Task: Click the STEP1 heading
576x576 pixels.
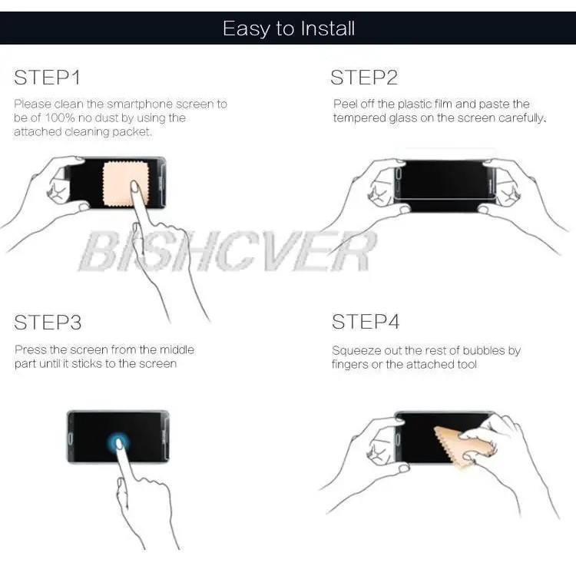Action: click(47, 77)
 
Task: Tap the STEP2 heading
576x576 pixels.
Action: click(364, 77)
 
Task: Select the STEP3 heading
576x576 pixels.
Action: click(48, 322)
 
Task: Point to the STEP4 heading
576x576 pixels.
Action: click(365, 322)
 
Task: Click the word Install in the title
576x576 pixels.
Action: click(328, 28)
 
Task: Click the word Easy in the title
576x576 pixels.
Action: click(246, 29)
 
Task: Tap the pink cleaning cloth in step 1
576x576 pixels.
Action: click(126, 184)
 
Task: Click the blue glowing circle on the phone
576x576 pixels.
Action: click(118, 442)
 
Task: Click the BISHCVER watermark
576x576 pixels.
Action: click(228, 251)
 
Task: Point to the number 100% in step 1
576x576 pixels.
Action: click(60, 118)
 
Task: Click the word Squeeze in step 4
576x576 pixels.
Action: click(356, 352)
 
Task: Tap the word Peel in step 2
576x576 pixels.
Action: click(345, 104)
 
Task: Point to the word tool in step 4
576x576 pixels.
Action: click(467, 364)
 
